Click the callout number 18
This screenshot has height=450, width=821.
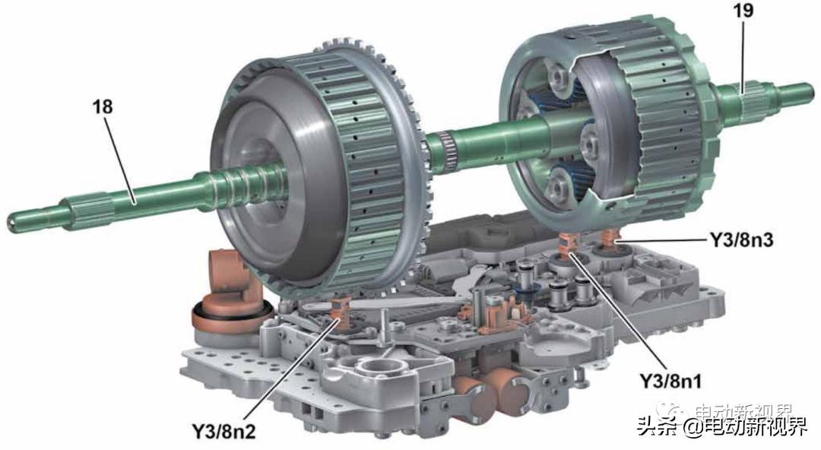(x=103, y=107)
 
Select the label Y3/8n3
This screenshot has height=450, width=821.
(x=741, y=240)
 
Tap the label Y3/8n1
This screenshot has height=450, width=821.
(x=671, y=381)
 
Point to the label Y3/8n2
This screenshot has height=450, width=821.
(x=223, y=431)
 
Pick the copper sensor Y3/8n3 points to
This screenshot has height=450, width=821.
(x=610, y=239)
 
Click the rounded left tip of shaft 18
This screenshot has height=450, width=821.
(x=11, y=223)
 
